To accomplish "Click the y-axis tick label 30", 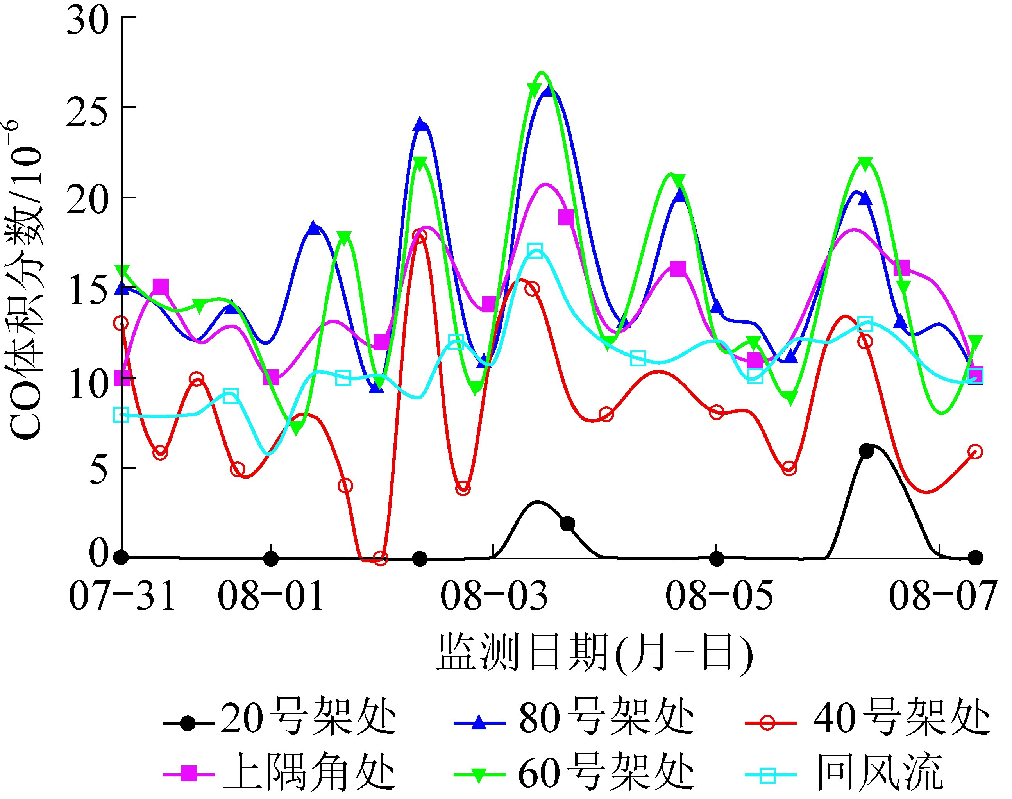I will click(88, 21).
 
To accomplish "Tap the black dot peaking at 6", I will click(866, 451).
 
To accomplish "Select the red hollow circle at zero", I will click(381, 558).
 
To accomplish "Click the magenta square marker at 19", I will click(566, 218).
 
